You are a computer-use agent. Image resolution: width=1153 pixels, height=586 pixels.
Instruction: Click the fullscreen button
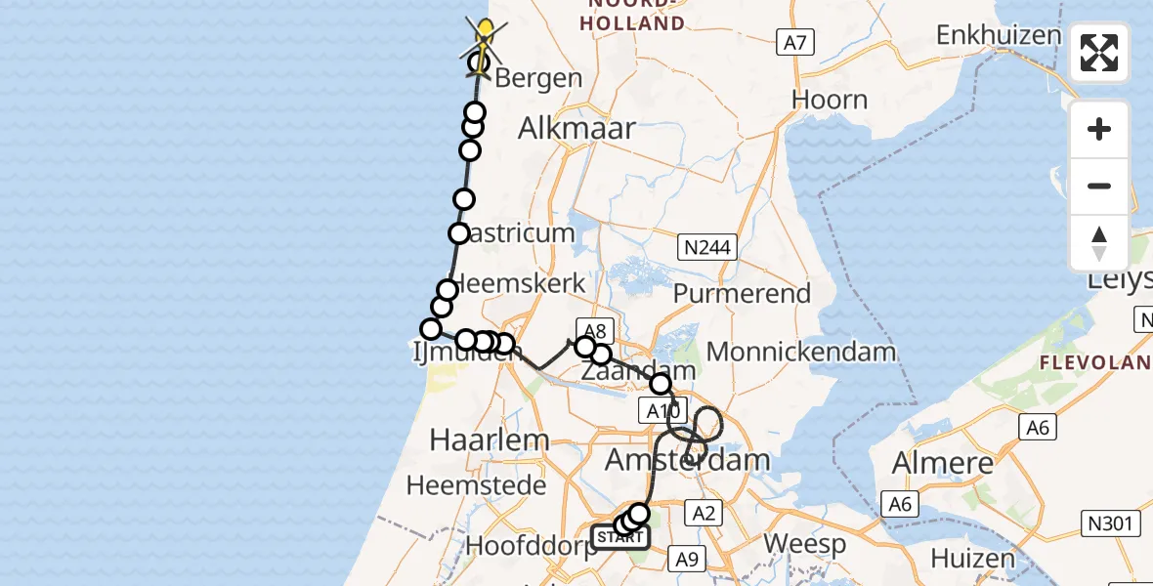click(x=1099, y=53)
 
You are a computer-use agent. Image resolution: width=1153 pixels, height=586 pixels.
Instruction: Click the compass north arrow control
click(x=1099, y=244)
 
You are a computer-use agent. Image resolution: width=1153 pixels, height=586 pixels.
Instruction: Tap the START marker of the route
click(x=619, y=537)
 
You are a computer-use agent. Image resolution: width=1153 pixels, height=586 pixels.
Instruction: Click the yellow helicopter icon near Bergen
click(x=485, y=36)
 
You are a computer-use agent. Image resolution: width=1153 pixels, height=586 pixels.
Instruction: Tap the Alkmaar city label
click(x=576, y=128)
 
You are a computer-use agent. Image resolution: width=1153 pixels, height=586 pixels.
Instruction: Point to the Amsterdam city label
click(x=688, y=459)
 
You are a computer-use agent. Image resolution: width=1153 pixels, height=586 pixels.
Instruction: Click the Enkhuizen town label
click(x=998, y=35)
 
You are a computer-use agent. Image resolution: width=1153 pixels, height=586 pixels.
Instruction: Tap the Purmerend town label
click(x=755, y=293)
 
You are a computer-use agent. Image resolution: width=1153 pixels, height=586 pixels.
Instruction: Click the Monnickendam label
click(x=801, y=352)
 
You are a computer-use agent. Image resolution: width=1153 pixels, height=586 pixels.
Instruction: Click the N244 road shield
click(x=707, y=248)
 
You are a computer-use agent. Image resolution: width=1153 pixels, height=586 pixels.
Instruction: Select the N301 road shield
click(x=1113, y=523)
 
